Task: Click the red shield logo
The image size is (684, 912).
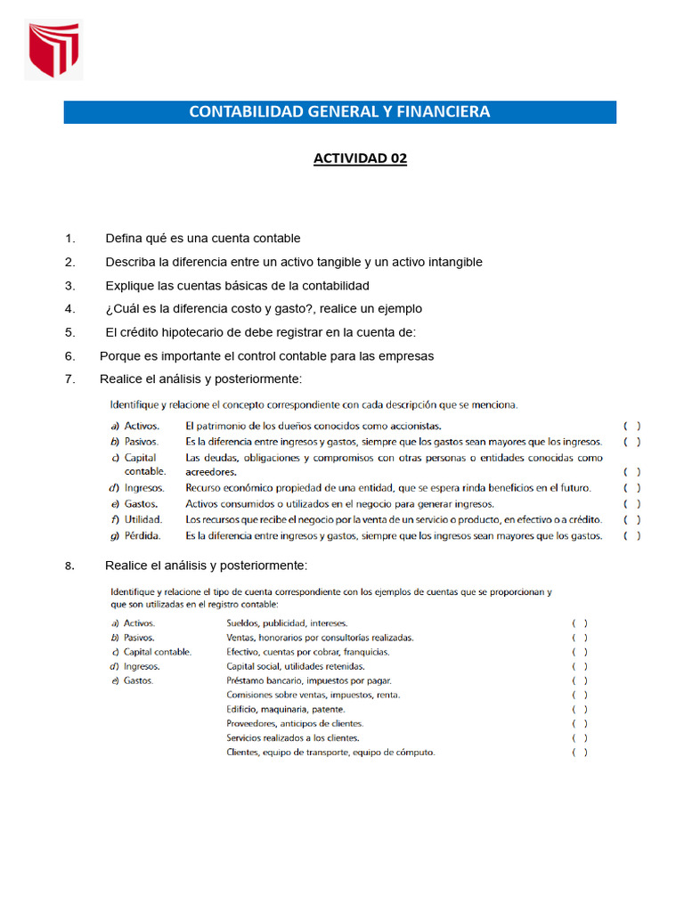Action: point(53,51)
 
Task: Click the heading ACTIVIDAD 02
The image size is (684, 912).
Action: point(360,159)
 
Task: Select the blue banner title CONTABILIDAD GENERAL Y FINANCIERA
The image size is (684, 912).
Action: point(339,112)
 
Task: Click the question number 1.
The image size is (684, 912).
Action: point(69,239)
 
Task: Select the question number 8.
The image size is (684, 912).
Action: point(69,566)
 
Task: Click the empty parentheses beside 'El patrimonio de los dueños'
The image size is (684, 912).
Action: point(631,426)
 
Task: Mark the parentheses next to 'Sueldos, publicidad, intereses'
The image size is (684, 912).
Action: point(579,623)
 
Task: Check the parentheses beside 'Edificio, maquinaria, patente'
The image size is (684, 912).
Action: point(579,709)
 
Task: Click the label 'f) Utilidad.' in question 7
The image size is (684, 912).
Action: point(136,520)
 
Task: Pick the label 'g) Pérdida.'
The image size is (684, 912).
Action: point(136,536)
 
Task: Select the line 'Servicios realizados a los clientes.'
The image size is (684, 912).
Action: point(293,737)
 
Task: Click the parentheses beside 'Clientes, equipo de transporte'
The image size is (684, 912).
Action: point(579,753)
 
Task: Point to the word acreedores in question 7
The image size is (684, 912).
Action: point(211,472)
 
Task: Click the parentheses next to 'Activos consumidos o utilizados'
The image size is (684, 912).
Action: point(631,504)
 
